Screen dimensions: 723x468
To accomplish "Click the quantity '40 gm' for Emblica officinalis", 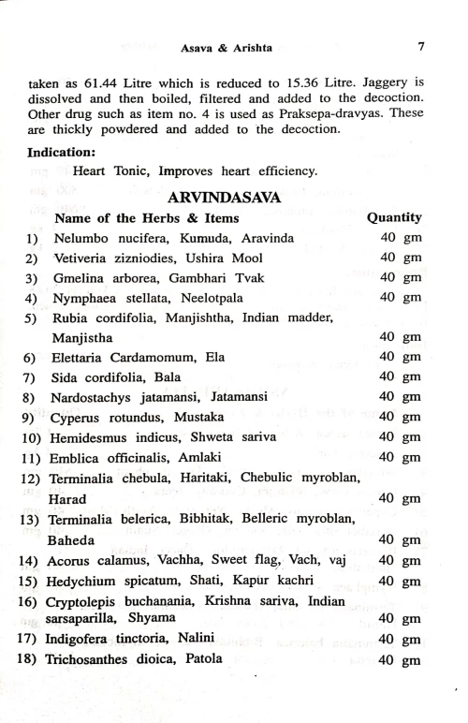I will pos(400,457).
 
